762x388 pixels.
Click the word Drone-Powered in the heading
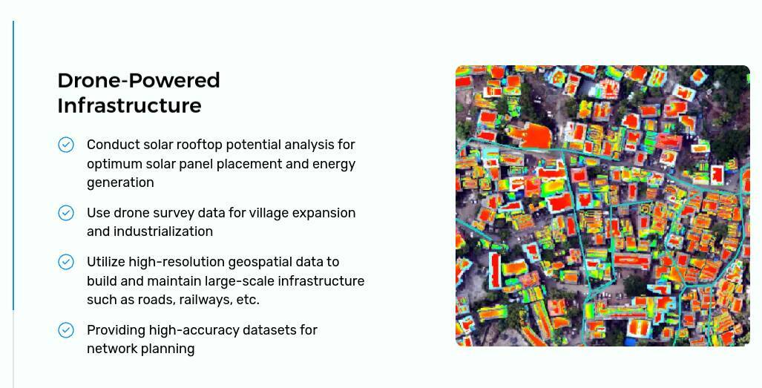coord(139,80)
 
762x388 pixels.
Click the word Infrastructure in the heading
coord(129,105)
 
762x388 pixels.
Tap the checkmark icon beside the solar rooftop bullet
coord(66,145)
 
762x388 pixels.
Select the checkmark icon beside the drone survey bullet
coord(66,213)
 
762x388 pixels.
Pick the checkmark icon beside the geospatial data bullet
coord(66,262)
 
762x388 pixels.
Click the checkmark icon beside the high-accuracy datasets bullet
coord(66,330)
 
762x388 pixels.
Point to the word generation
coord(120,183)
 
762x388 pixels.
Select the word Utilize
coord(105,262)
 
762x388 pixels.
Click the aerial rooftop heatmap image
coord(602,206)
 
